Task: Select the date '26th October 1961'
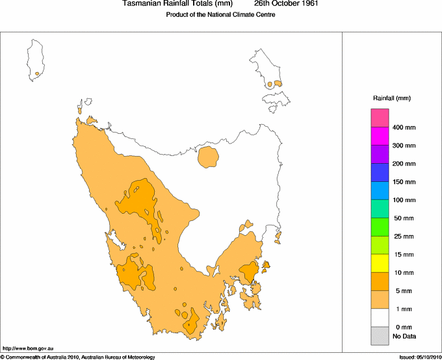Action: click(x=286, y=4)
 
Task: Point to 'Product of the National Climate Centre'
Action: click(x=221, y=15)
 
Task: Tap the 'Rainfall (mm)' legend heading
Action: click(x=391, y=98)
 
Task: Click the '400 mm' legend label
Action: click(x=404, y=127)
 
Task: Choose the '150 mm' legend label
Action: click(x=404, y=182)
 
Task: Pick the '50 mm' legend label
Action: click(x=404, y=218)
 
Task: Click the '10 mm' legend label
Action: click(x=404, y=273)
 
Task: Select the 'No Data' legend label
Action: click(x=404, y=336)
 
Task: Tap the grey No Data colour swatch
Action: click(x=380, y=336)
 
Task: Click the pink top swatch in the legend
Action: click(x=380, y=118)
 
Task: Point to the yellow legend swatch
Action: click(x=380, y=263)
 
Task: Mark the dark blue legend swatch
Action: click(x=380, y=172)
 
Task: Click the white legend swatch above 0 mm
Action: click(x=380, y=318)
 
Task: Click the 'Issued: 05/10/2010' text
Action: click(x=420, y=357)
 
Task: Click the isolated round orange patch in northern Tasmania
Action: click(x=208, y=157)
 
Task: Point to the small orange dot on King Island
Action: click(x=38, y=74)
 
